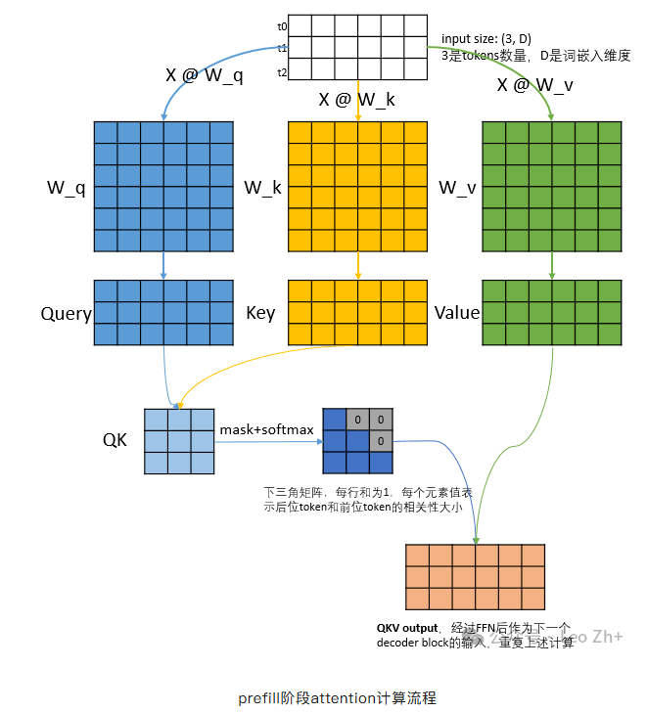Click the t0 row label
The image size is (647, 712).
point(282,24)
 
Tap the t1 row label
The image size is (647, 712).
point(282,48)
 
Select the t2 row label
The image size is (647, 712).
point(282,72)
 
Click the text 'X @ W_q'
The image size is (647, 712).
point(206,75)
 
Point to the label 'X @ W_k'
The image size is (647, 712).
point(358,99)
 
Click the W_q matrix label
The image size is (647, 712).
point(68,187)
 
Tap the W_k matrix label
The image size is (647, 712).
point(262,187)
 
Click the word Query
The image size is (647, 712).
point(66,314)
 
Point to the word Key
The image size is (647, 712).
point(260,314)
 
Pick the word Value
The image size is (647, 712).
point(457,313)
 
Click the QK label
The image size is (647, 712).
point(115,439)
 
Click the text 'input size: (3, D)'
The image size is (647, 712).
point(486,39)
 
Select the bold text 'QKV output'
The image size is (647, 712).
point(407,627)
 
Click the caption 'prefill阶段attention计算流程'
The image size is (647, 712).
point(337,697)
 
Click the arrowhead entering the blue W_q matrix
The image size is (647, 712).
point(163,116)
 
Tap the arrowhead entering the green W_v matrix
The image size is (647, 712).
point(552,116)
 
